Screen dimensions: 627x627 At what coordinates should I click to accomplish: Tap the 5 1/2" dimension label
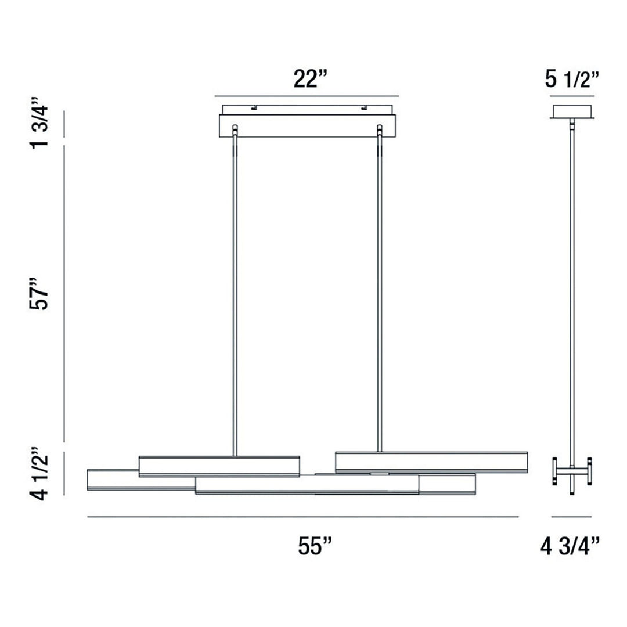point(571,78)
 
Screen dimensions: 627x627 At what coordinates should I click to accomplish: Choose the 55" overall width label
point(315,546)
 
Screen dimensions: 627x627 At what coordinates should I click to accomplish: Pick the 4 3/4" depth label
point(570,546)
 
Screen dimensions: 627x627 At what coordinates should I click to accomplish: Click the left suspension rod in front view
point(235,290)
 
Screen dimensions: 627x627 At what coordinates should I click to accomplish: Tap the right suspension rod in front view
point(380,290)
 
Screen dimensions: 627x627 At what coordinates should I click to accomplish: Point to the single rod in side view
point(572,290)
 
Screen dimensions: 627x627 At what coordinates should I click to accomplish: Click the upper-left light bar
point(219,466)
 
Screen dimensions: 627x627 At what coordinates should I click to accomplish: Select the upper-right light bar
point(431,462)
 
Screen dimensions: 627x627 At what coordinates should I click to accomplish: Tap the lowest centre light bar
point(307,485)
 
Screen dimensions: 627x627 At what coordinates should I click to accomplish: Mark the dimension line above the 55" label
point(302,517)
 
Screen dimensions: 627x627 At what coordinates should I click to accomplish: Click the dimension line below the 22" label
point(307,96)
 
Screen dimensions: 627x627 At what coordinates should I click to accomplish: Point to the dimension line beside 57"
point(64,293)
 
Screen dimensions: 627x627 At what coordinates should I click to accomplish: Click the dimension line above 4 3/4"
point(571,517)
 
